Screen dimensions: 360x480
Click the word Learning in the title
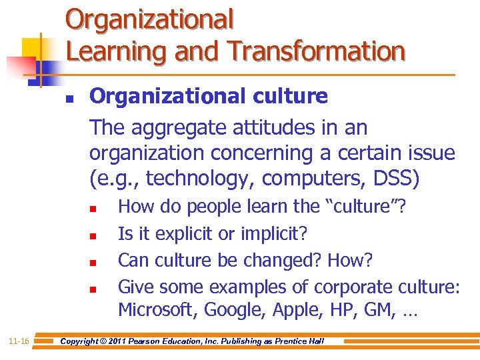click(x=110, y=51)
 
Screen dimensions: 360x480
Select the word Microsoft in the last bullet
click(x=157, y=310)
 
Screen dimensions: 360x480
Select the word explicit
click(x=194, y=233)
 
